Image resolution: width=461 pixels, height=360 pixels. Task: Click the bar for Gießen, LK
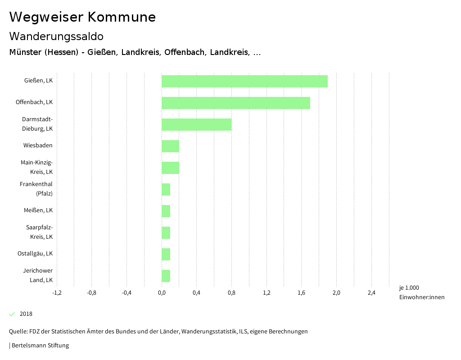point(244,81)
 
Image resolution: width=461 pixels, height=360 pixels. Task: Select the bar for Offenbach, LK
point(236,103)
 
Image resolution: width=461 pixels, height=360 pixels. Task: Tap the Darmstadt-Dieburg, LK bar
point(196,124)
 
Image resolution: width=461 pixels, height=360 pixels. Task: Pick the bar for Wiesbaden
point(170,146)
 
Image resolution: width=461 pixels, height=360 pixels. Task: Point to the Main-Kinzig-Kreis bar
point(170,168)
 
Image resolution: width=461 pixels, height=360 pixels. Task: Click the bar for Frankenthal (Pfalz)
point(166,189)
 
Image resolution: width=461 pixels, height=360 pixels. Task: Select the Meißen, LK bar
point(166,211)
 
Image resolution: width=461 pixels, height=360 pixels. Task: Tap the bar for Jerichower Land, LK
point(166,276)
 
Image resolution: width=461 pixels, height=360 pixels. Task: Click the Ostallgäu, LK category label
point(35,253)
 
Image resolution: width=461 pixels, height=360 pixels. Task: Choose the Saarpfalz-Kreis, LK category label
point(39,232)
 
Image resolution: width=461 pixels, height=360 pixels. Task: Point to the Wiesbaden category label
point(38,145)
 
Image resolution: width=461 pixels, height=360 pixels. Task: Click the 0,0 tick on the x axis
point(162,293)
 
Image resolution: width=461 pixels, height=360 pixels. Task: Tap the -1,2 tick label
point(57,293)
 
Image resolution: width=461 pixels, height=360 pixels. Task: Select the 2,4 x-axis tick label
point(371,293)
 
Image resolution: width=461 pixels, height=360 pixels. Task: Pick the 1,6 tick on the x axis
point(301,293)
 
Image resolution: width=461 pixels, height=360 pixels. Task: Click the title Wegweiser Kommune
point(82,17)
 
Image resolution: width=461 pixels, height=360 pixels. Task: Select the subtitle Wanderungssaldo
point(56,36)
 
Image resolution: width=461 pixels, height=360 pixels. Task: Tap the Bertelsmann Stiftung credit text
point(40,346)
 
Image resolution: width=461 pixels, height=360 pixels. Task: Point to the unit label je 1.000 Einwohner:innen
point(421,292)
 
